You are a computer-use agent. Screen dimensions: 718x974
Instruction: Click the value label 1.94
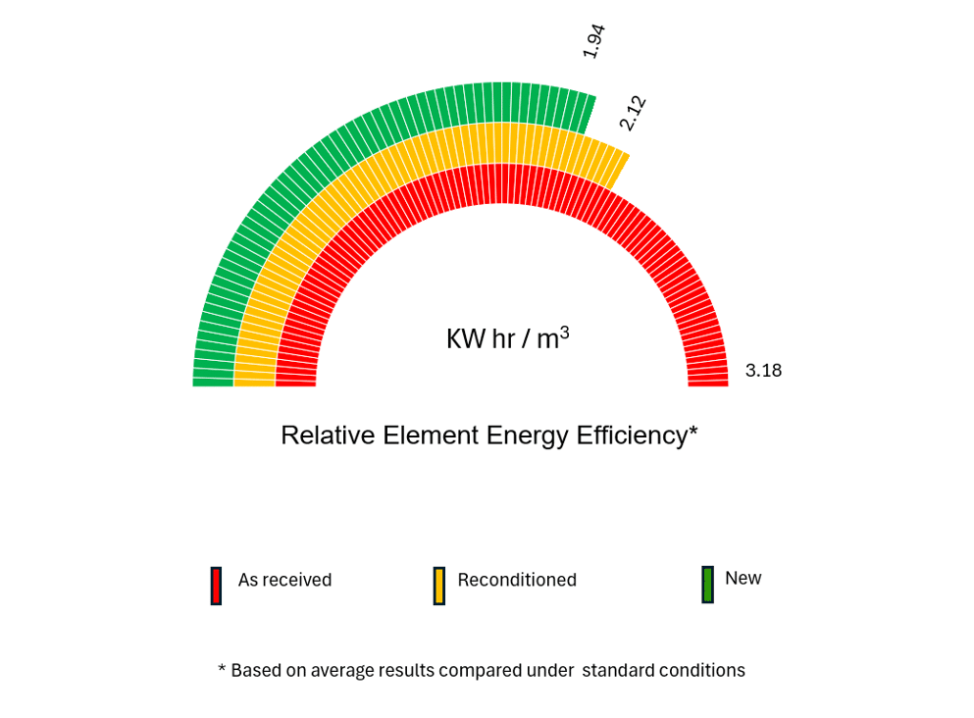coord(593,40)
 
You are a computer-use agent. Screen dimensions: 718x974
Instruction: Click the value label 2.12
coord(633,113)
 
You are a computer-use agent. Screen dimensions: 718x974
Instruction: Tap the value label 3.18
coord(763,371)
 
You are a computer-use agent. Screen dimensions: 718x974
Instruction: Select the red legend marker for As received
coord(216,586)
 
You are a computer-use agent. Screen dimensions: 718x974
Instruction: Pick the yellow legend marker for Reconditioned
coord(439,586)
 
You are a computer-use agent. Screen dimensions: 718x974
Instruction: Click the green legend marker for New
coord(707,584)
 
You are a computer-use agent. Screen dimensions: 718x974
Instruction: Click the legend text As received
coord(284,580)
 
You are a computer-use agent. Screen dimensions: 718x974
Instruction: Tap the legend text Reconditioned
coord(517,580)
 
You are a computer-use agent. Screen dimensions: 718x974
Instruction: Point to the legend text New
coord(743,578)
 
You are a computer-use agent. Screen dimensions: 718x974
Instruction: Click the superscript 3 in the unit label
coord(565,332)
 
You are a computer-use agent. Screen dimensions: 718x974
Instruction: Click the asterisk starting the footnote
coord(222,669)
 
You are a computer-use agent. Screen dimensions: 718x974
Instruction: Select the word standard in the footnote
coord(618,671)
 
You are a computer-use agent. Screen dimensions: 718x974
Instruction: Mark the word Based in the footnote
coord(254,671)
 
